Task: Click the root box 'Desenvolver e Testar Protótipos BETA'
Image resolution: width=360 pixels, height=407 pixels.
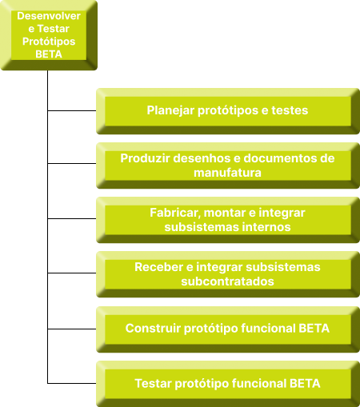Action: [49, 35]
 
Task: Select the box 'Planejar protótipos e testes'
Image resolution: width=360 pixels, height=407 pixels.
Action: [228, 111]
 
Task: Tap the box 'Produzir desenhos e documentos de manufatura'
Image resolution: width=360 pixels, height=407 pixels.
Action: [228, 166]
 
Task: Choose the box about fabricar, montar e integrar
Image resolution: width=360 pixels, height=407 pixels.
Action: [228, 220]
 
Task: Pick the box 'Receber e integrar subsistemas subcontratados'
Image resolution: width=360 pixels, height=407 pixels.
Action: [228, 274]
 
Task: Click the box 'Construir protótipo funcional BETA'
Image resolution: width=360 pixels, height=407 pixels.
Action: [228, 329]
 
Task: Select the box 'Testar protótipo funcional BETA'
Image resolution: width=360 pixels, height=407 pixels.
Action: [228, 384]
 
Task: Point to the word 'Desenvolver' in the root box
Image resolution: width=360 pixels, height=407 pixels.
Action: [49, 16]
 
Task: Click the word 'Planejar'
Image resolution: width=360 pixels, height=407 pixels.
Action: [170, 110]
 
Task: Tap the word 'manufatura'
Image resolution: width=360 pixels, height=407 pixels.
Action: [227, 173]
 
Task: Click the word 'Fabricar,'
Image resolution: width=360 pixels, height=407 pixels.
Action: [175, 213]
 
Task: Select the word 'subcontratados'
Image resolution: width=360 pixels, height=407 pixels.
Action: [227, 281]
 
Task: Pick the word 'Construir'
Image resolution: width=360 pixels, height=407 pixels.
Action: [153, 329]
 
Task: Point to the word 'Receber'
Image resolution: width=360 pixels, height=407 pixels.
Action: [159, 267]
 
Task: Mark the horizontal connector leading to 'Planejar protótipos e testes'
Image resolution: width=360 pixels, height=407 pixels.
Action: [72, 110]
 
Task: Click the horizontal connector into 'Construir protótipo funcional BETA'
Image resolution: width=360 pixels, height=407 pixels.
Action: [72, 329]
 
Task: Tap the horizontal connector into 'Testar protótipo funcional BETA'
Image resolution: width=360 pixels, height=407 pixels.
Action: [72, 383]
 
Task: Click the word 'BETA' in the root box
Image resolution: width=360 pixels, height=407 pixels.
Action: [49, 54]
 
